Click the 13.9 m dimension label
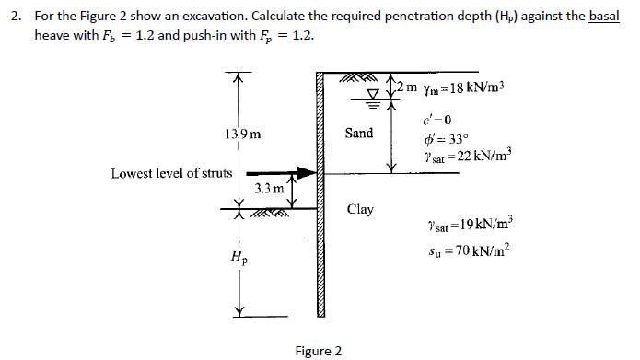[x=241, y=134]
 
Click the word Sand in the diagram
[x=359, y=134]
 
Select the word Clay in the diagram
[x=360, y=209]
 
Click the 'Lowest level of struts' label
[x=171, y=172]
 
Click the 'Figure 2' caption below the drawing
[x=318, y=351]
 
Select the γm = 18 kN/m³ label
[x=461, y=87]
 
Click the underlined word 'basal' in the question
[x=604, y=17]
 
